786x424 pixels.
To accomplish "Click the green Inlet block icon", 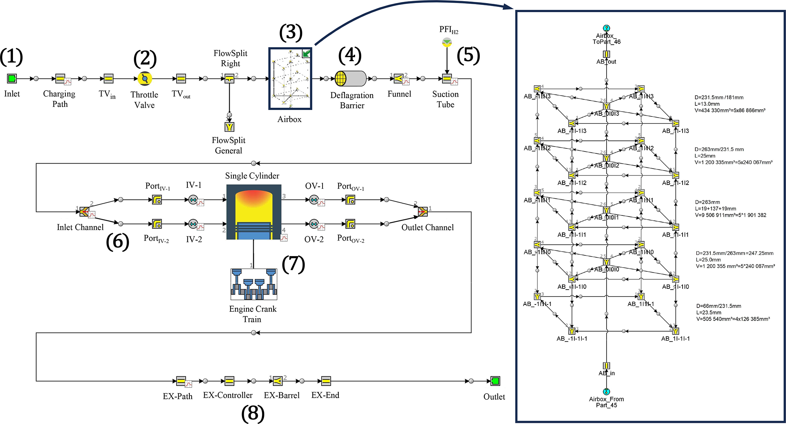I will (12, 79).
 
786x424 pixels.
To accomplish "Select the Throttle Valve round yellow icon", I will (144, 79).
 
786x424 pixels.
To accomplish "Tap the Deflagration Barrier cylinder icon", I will (350, 79).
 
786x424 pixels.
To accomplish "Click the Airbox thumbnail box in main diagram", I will (290, 78).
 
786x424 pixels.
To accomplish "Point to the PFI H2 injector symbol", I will (447, 42).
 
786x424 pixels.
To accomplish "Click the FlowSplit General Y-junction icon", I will (229, 127).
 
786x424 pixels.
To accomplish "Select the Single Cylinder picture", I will (254, 212).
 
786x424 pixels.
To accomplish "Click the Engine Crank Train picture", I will (254, 284).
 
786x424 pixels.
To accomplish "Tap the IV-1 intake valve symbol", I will (193, 199).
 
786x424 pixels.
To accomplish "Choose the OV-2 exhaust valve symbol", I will (314, 224).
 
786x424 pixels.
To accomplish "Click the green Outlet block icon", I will (495, 381).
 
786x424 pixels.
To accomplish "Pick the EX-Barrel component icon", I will (278, 381).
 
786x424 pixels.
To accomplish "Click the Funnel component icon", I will (398, 79).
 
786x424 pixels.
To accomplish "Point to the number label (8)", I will (253, 414).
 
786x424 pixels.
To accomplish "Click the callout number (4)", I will (350, 56).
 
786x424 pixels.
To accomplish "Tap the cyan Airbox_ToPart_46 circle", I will (607, 28).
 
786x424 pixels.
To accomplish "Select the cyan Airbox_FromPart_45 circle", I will (607, 392).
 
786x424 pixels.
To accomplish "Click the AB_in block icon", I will (607, 366).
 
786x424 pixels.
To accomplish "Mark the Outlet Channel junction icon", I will (422, 212).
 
